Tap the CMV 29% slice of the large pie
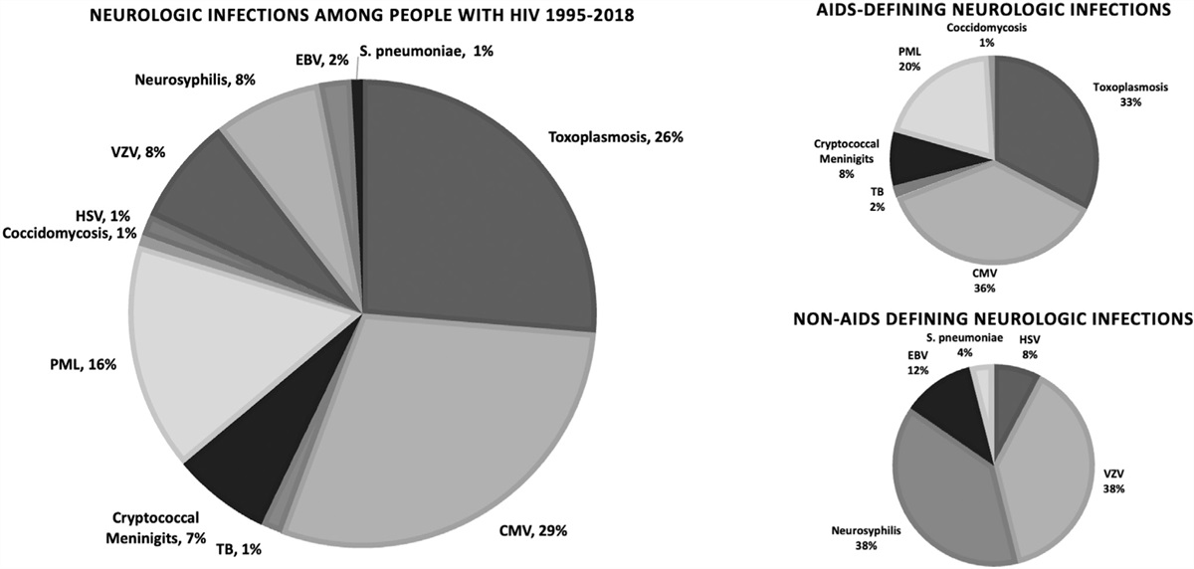point(438,438)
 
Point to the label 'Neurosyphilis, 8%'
point(194,80)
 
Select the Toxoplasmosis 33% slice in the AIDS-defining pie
point(1045,129)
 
